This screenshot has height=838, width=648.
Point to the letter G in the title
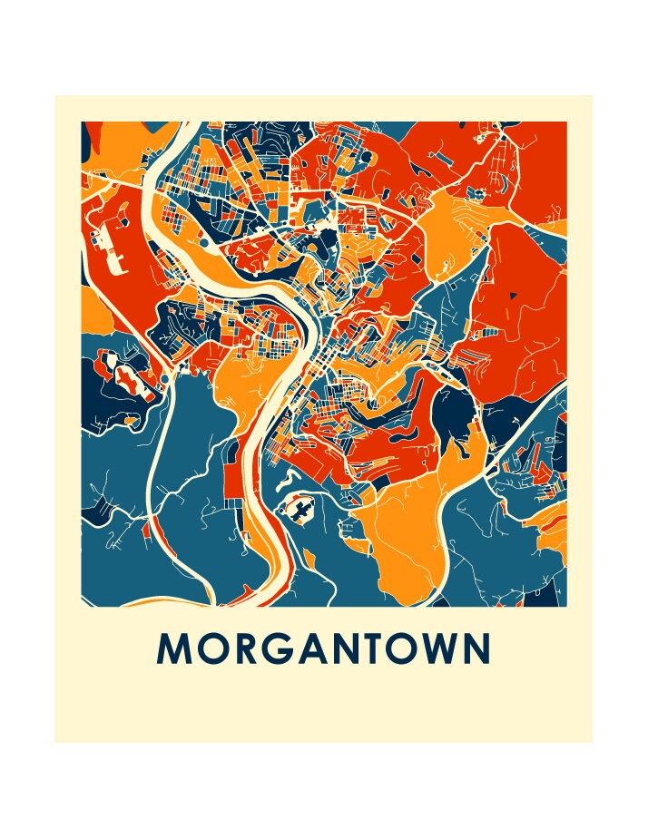(280, 648)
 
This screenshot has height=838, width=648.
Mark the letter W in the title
(449, 648)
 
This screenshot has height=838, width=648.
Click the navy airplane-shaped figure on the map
(299, 511)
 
